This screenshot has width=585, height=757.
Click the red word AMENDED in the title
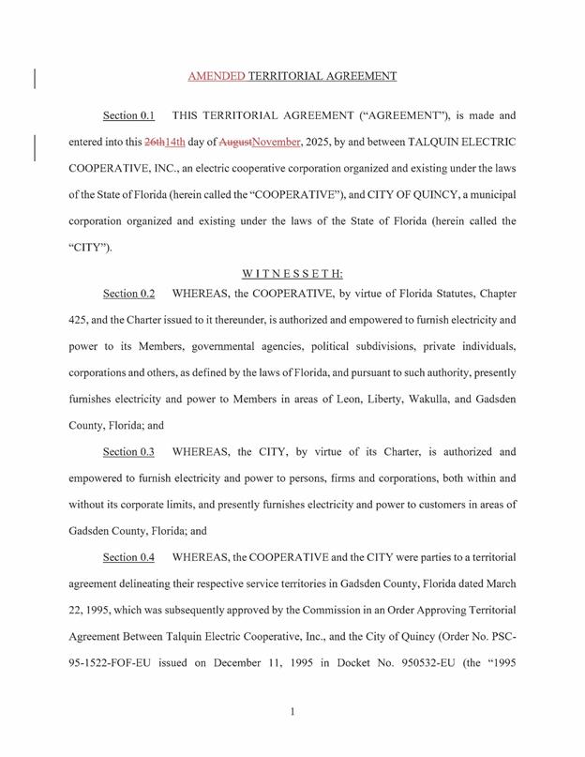(x=217, y=76)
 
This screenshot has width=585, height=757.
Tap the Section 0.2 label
(x=128, y=294)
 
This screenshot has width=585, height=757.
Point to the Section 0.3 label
(x=128, y=452)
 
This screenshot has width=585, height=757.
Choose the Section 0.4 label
(x=128, y=557)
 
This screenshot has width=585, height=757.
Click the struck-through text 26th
(x=154, y=143)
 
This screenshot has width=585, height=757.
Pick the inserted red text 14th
(x=174, y=143)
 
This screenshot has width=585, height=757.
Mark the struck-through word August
(x=235, y=143)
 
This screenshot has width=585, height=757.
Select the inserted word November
(x=277, y=143)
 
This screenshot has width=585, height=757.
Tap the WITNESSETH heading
(x=292, y=274)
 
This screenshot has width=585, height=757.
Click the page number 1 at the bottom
(x=292, y=712)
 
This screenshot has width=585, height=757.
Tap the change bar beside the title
(x=35, y=77)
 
